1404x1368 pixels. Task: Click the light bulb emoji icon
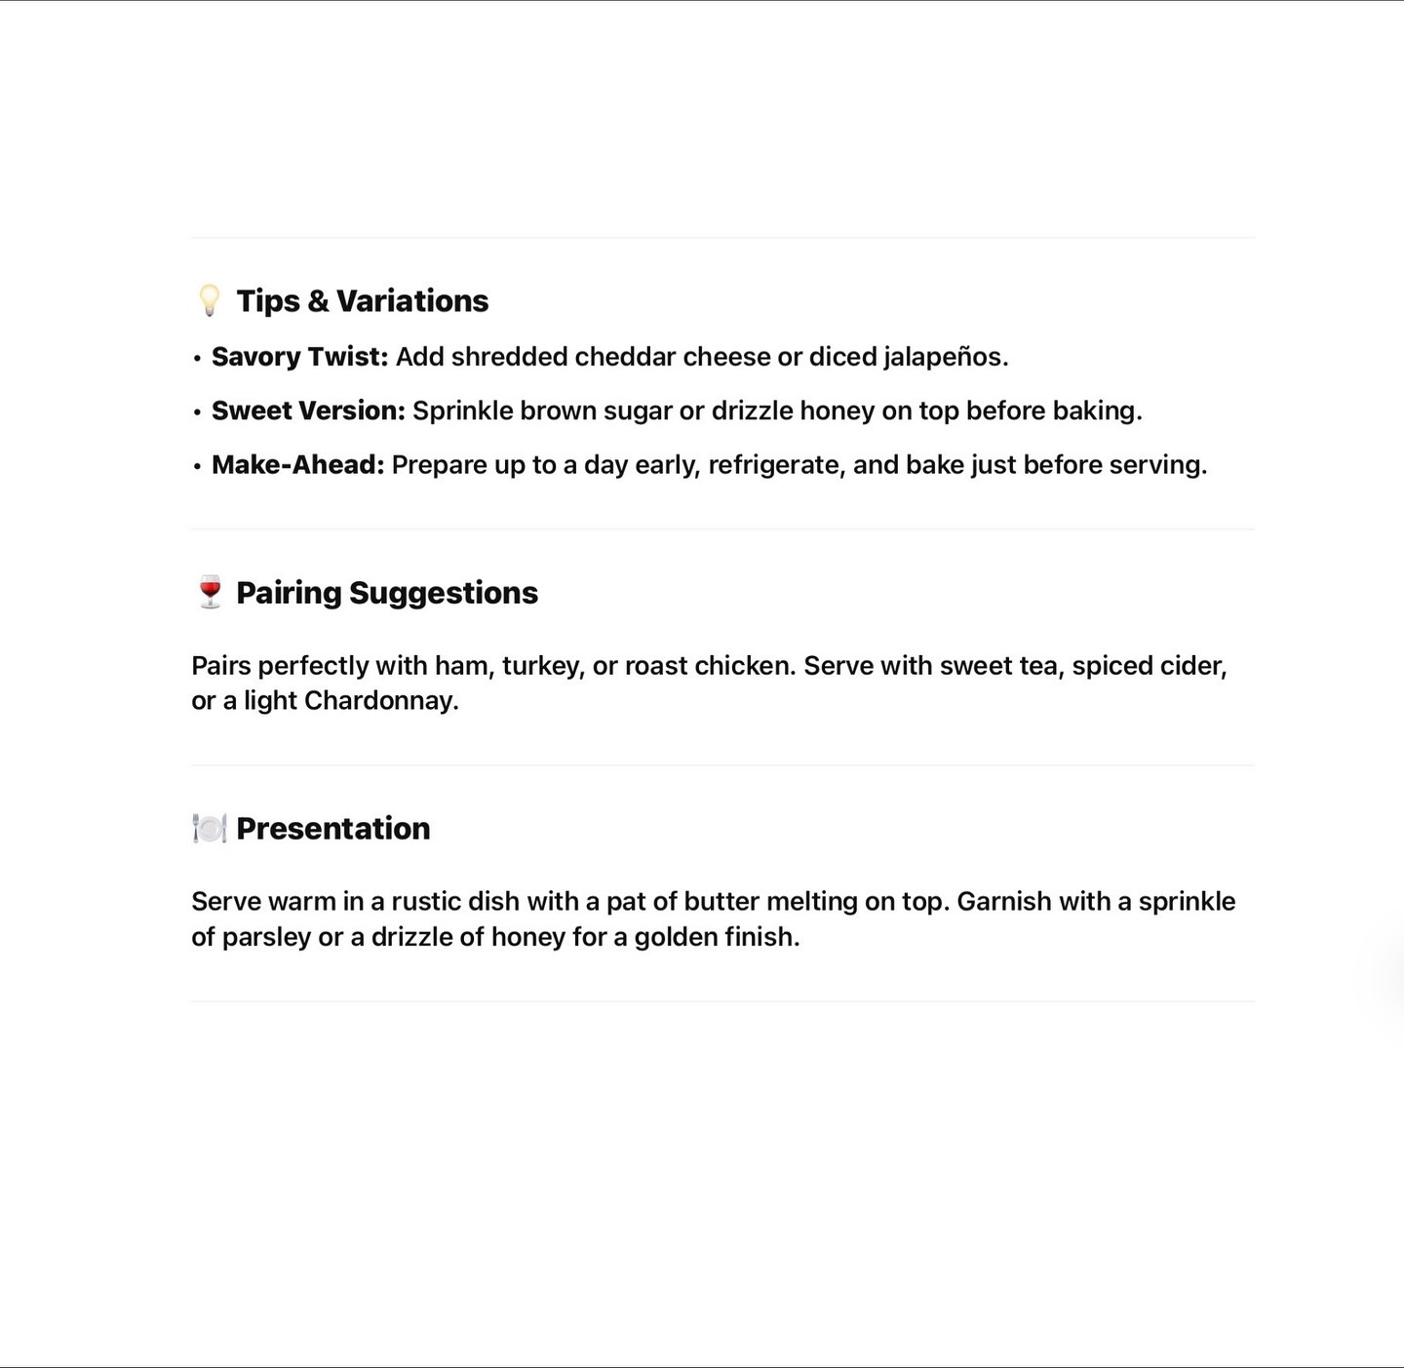pyautogui.click(x=209, y=300)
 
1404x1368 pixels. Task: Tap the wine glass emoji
pyautogui.click(x=210, y=592)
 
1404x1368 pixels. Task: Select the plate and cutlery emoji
pyautogui.click(x=209, y=828)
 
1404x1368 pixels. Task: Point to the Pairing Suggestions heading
pyautogui.click(x=386, y=592)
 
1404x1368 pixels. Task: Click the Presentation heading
pyautogui.click(x=332, y=828)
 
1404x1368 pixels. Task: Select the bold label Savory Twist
pyautogui.click(x=299, y=357)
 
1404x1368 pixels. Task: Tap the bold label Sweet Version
pyautogui.click(x=308, y=410)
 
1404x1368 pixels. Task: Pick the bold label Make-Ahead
pyautogui.click(x=297, y=464)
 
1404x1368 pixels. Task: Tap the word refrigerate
pyautogui.click(x=776, y=465)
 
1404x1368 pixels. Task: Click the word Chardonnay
pyautogui.click(x=380, y=701)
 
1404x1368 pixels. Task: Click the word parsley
pyautogui.click(x=266, y=937)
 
